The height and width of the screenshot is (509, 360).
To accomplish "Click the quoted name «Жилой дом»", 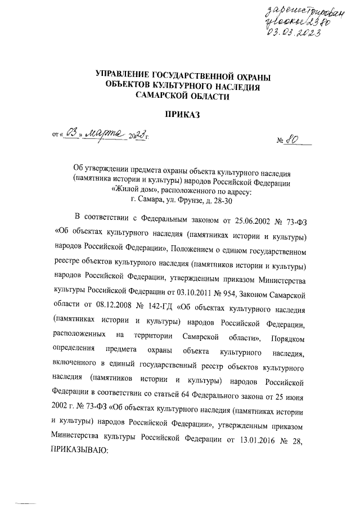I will click(132, 190).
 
